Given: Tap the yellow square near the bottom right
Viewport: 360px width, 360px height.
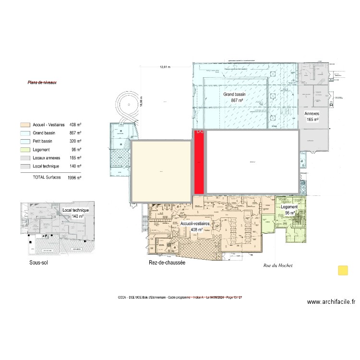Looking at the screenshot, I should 343,270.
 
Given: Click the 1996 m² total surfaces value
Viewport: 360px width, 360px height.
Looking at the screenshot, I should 74,178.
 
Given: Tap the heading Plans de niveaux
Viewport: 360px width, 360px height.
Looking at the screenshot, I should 42,83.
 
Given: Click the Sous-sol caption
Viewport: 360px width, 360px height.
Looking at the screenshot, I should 38,263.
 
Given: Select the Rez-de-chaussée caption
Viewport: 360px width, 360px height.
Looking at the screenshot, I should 167,263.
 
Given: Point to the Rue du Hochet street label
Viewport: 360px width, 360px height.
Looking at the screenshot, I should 278,265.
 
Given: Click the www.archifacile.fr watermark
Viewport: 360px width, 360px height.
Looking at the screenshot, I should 331,302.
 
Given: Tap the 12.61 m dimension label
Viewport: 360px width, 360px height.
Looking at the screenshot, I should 165,67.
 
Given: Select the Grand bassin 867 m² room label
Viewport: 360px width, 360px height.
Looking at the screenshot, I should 234,98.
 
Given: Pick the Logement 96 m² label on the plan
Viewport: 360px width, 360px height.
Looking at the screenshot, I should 290,210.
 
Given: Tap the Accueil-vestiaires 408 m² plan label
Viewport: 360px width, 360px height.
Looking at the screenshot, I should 195,227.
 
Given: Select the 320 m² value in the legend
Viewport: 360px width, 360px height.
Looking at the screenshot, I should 75,142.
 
